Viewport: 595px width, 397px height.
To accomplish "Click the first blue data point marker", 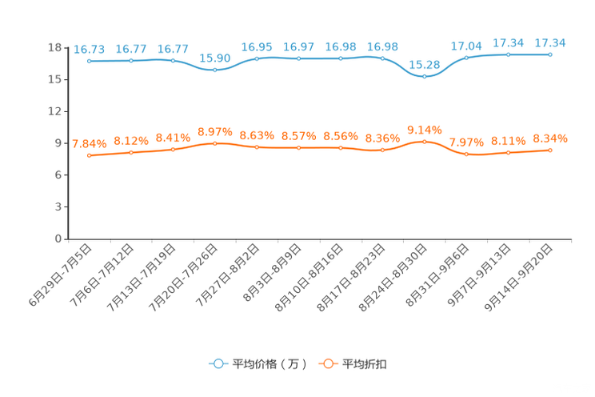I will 89,61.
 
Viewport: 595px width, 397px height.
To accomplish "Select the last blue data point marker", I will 550,54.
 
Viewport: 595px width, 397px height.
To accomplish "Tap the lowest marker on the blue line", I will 425,77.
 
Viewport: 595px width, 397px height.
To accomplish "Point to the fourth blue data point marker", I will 214,70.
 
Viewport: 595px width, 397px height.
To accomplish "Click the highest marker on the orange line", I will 425,141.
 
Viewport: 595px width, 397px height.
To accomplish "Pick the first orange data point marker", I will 89,155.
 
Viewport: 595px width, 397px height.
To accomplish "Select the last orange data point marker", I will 550,150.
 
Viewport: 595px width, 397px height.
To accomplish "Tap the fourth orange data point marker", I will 214,143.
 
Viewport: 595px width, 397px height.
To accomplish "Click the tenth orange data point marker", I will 466,154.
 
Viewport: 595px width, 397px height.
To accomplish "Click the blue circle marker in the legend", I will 218,363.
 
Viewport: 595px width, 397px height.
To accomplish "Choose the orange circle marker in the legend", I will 327,363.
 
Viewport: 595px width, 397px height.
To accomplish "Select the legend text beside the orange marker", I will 365,364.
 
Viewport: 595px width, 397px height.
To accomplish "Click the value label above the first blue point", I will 89,50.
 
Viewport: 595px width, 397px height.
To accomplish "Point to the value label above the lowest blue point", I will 425,64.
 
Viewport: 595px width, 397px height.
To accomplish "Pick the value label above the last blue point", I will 550,42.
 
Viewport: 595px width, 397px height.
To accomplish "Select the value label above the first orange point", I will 89,144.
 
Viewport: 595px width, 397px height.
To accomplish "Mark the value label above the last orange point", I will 550,138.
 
